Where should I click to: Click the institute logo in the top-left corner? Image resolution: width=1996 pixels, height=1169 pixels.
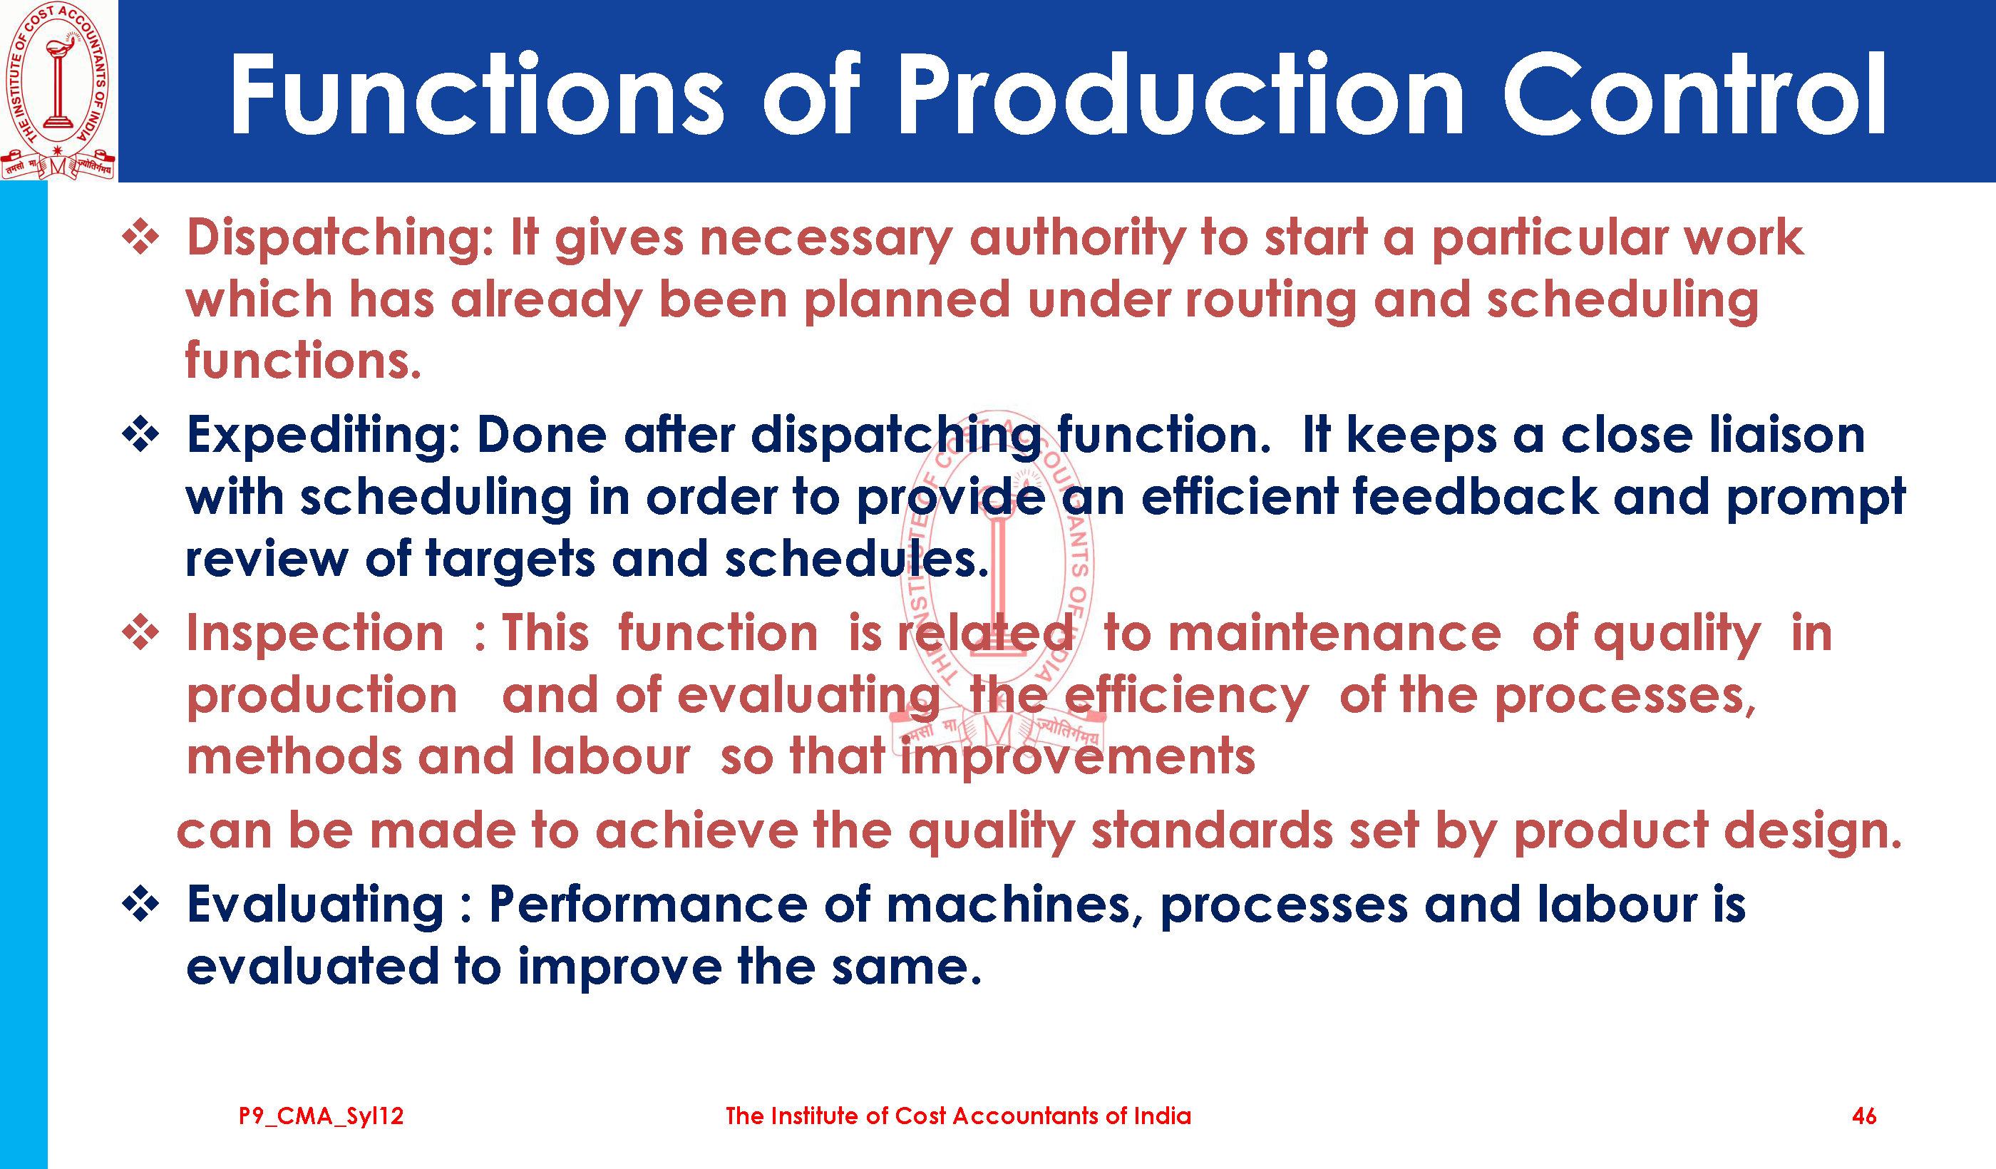(58, 91)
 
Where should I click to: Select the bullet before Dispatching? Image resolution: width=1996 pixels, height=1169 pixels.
(141, 237)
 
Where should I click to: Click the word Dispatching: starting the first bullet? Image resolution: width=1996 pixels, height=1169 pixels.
(341, 240)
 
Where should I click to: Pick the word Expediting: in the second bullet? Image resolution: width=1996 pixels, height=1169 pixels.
(324, 436)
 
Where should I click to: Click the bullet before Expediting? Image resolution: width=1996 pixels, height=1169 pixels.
(141, 434)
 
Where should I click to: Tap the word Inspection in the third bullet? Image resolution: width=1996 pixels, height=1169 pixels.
(315, 634)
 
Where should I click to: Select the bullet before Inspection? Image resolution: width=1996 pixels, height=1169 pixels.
(141, 632)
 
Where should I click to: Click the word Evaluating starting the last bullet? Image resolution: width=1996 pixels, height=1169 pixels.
(315, 906)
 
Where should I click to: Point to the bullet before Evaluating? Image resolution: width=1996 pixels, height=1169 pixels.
(141, 904)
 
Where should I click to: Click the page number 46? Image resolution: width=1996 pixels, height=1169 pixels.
(1865, 1116)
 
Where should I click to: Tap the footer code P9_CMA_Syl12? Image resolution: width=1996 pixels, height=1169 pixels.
(321, 1117)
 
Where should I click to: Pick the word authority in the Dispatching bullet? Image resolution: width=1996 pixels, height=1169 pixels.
(1078, 240)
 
